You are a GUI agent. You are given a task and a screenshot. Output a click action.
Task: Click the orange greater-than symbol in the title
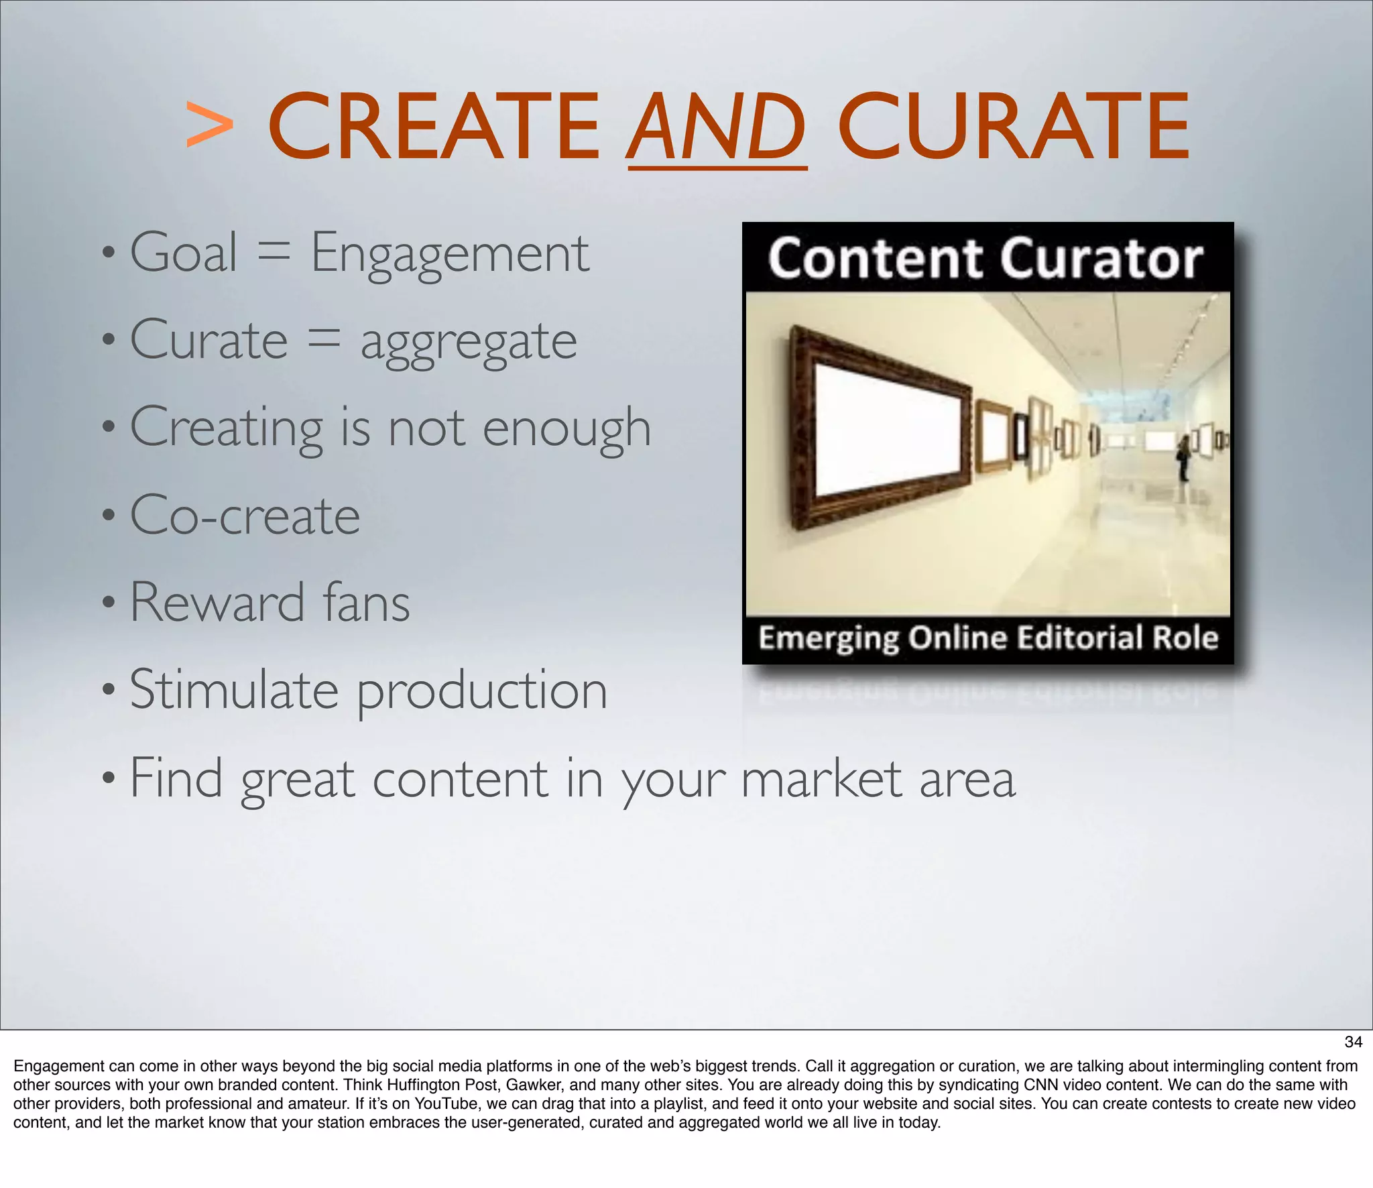[x=210, y=125]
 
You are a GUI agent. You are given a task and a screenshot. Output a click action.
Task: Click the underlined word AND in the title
[x=717, y=127]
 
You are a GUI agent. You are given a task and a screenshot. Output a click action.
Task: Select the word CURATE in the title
[x=1013, y=127]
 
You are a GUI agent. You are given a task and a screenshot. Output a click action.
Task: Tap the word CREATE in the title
[x=434, y=127]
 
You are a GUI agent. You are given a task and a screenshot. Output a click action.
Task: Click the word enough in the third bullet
[x=566, y=429]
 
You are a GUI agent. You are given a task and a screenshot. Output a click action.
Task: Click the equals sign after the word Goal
[x=274, y=253]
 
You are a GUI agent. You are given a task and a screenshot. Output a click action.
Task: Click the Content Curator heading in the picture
[x=986, y=259]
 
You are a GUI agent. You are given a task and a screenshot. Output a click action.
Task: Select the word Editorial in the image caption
[x=1080, y=638]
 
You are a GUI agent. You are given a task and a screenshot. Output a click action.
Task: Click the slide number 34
[x=1353, y=1042]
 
